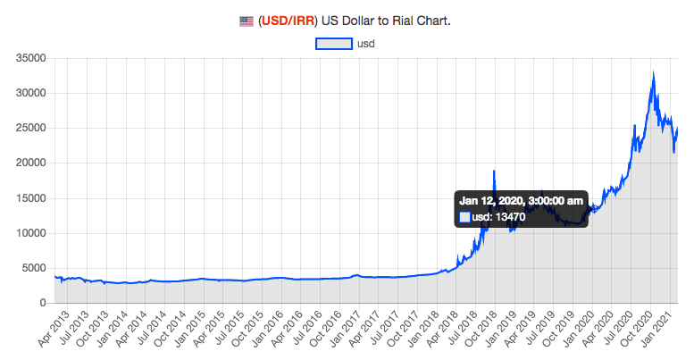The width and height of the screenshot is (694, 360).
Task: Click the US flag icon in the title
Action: (247, 21)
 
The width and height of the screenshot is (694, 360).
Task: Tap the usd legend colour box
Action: (334, 43)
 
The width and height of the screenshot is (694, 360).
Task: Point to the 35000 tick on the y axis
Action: (31, 58)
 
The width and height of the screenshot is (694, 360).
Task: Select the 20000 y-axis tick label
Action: (31, 163)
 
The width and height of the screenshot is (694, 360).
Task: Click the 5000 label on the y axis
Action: (35, 268)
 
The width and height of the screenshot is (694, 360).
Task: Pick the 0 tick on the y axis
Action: (45, 303)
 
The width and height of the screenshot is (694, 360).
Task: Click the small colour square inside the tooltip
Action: (464, 216)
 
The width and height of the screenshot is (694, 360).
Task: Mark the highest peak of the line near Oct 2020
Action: (654, 71)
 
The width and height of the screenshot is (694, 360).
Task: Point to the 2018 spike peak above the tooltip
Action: (493, 170)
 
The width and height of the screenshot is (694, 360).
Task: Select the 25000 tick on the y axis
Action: (31, 128)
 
